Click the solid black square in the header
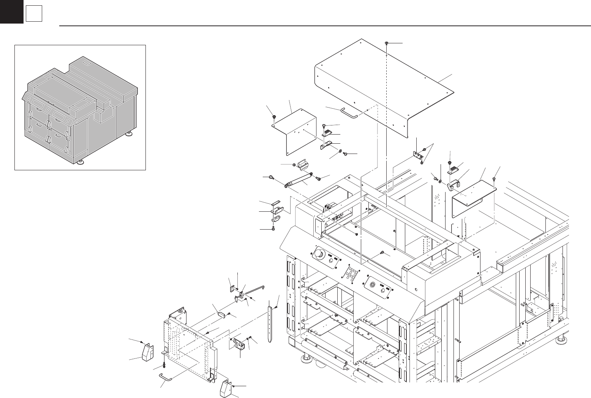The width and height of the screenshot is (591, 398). point(11,11)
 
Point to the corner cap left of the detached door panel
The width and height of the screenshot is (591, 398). point(147,352)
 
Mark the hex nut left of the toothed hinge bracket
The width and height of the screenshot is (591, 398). point(294,165)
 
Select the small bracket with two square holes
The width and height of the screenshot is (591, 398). point(417,155)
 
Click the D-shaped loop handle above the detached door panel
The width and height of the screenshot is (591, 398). point(221,314)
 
